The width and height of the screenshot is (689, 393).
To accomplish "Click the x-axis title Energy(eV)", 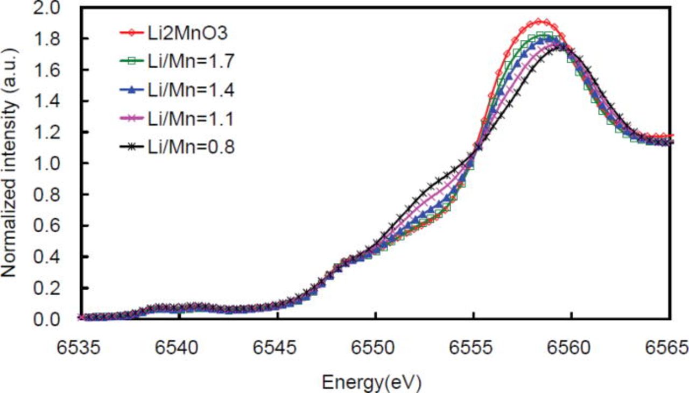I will tap(371, 382).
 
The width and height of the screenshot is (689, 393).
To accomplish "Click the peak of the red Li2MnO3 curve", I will tap(540, 22).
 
